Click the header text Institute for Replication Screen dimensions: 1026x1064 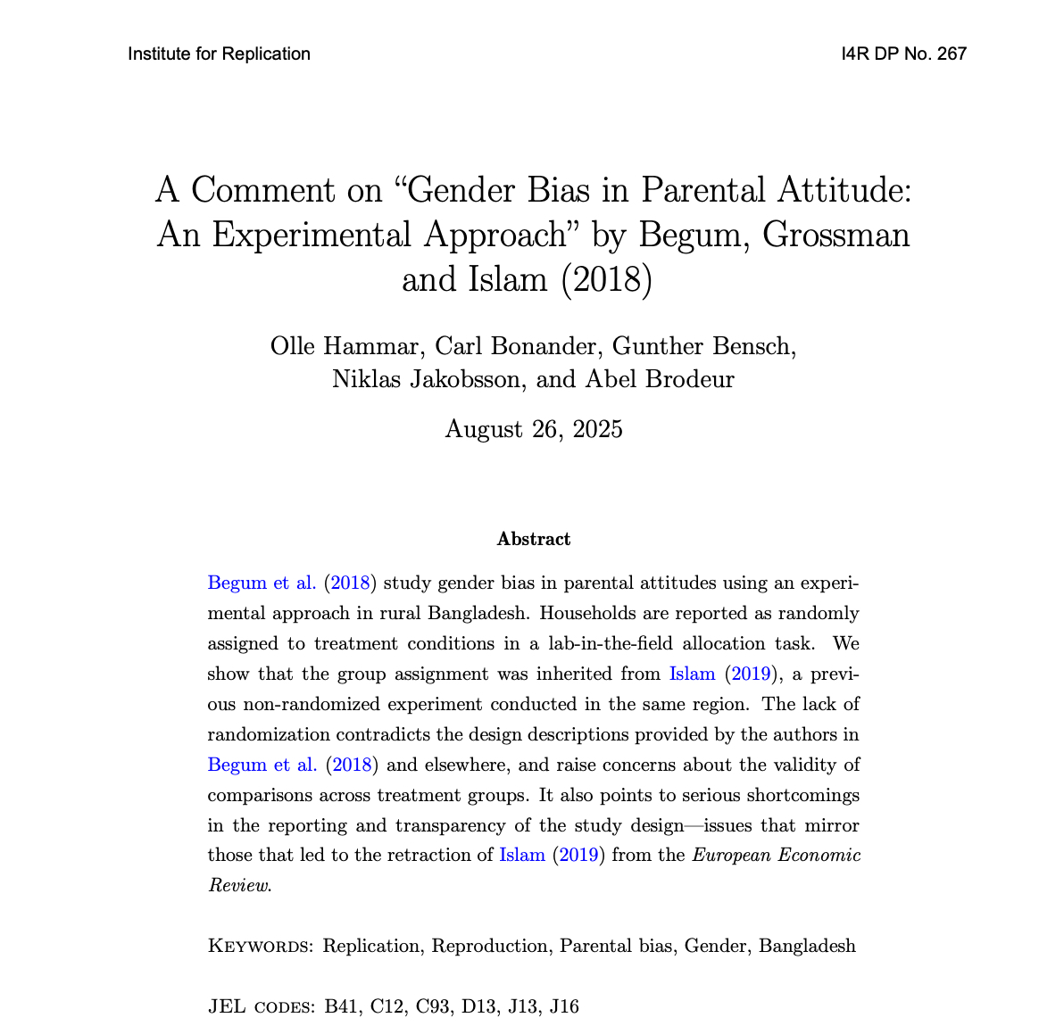pyautogui.click(x=219, y=54)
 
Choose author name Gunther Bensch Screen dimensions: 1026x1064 pyautogui.click(x=704, y=346)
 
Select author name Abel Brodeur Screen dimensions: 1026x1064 pyautogui.click(x=660, y=379)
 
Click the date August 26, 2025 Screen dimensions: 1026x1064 pyautogui.click(x=533, y=429)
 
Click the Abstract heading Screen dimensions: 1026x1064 pyautogui.click(x=533, y=539)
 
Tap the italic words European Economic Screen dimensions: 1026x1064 pyautogui.click(x=777, y=856)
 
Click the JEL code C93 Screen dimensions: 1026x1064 pyautogui.click(x=433, y=1007)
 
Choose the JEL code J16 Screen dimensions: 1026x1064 pyautogui.click(x=564, y=1007)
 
